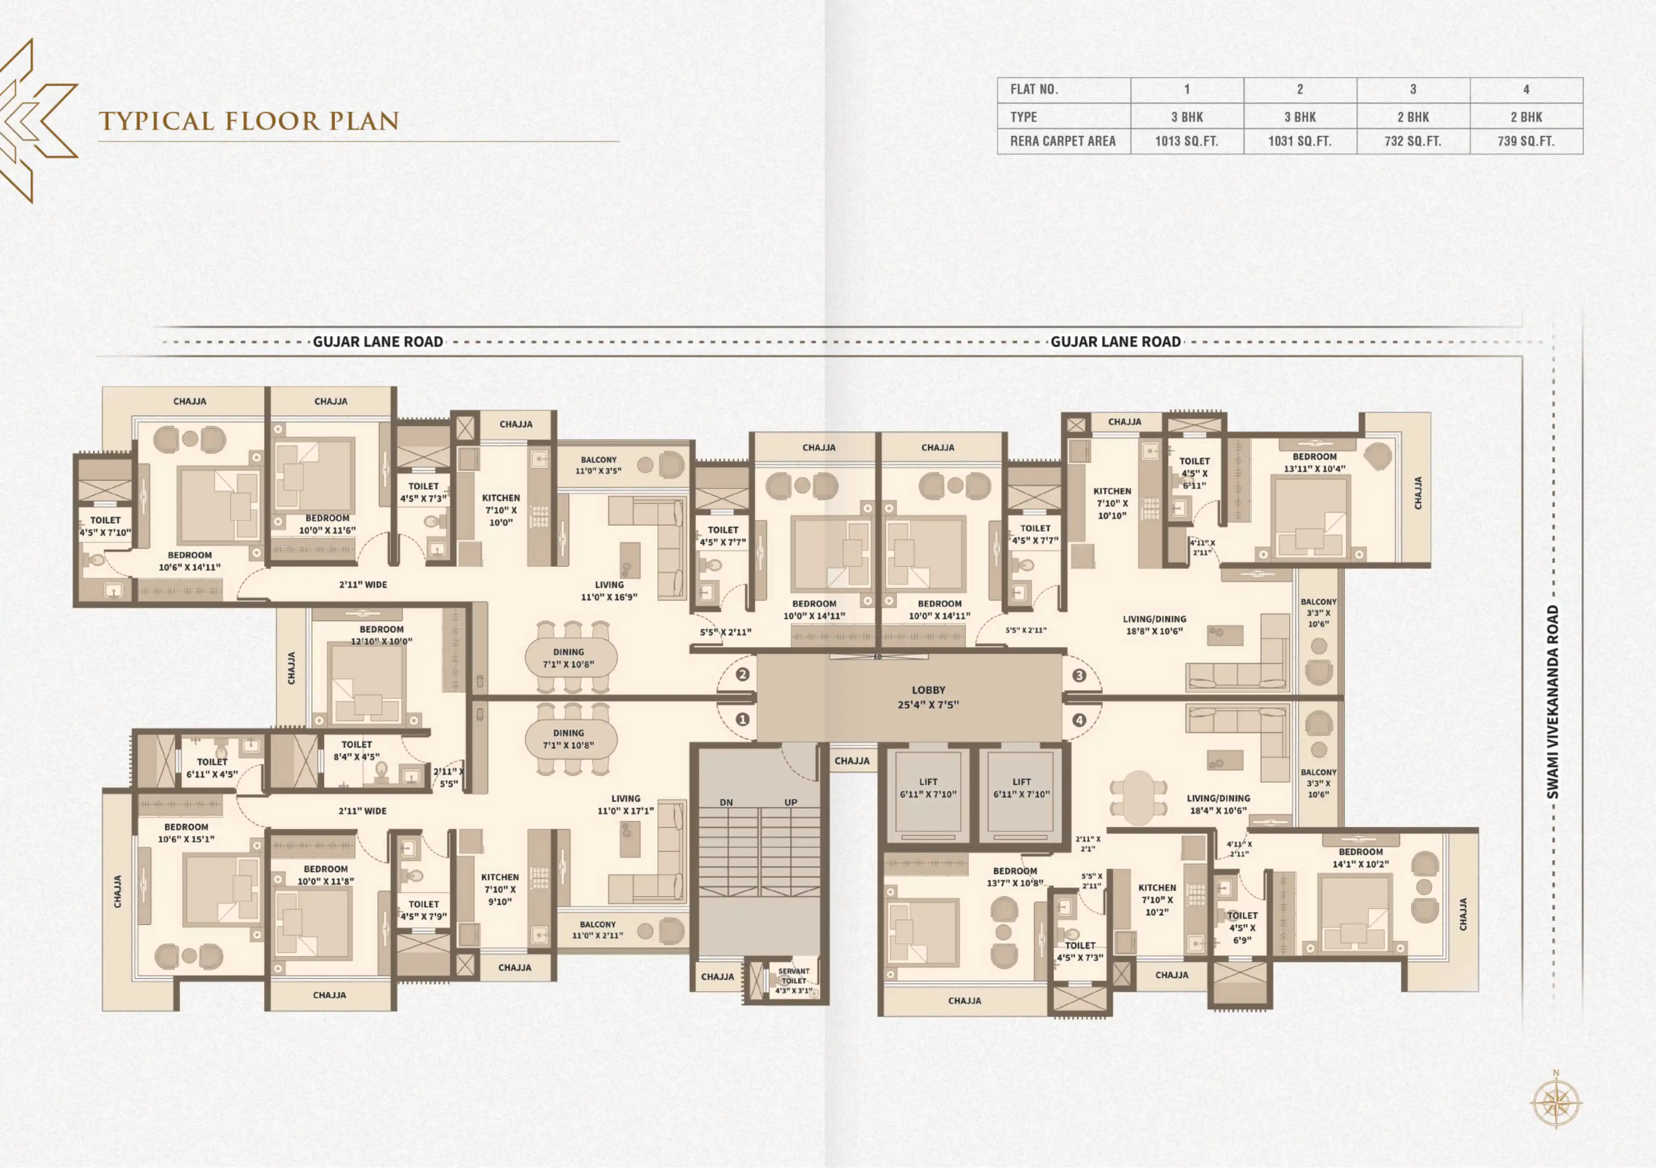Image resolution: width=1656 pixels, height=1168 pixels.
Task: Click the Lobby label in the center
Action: tap(928, 697)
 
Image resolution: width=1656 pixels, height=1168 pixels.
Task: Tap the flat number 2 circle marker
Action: tap(742, 674)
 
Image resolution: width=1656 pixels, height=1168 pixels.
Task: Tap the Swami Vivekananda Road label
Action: tap(1553, 702)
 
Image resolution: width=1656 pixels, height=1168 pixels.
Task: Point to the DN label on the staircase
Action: tap(726, 802)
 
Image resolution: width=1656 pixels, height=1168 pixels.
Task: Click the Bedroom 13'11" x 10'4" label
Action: tap(1314, 463)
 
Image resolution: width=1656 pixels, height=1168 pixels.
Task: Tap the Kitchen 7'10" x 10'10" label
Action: tap(1112, 503)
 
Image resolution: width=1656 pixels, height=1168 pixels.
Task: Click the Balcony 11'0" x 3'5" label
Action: tap(599, 465)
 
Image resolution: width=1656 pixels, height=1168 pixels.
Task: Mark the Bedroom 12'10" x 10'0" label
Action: tap(382, 635)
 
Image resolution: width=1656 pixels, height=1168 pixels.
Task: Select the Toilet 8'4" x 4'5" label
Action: tap(356, 750)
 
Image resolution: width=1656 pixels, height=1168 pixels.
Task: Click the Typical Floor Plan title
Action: tap(249, 121)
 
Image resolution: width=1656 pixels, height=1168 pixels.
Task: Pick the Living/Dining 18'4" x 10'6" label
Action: tap(1218, 804)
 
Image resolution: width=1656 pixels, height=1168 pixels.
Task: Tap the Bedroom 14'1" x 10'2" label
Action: tap(1360, 858)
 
